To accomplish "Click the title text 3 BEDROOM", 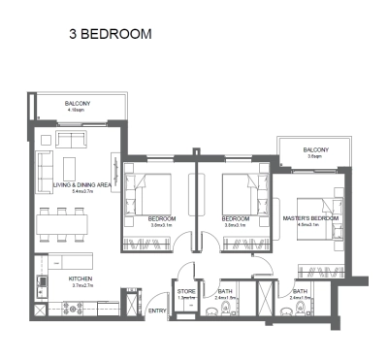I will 110,34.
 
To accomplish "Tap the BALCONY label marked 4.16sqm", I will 78,103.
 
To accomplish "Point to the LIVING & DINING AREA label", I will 81,183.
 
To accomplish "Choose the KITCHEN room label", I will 80,278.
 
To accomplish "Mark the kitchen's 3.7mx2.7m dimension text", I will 80,286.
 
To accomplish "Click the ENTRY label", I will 156,311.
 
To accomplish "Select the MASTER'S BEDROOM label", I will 309,219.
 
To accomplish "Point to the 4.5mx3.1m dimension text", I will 309,226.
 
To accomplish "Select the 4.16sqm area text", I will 78,111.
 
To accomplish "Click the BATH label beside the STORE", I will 225,289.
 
